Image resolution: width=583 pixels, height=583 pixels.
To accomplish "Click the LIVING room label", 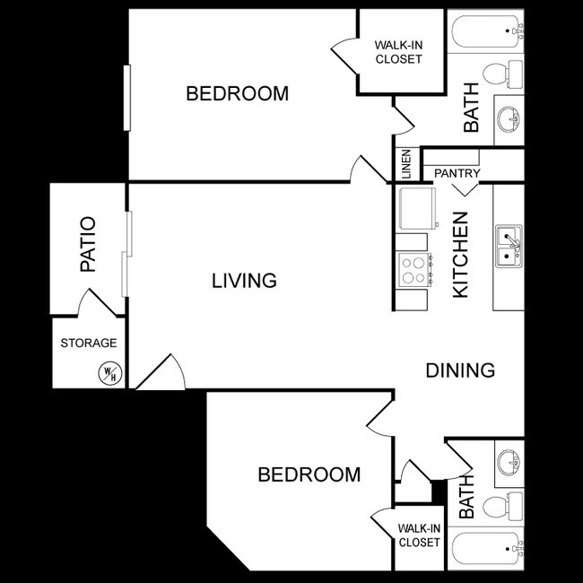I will point(244,281).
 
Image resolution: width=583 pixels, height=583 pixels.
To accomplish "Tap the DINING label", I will point(460,370).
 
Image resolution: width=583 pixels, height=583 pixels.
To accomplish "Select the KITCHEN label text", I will point(460,255).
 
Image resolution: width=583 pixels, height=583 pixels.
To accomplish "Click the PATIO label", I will point(88,244).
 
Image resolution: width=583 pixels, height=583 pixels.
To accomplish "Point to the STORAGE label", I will point(88,343).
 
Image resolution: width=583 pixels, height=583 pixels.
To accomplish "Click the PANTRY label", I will point(457,173).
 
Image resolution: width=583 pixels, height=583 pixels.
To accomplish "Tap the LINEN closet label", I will point(406,164).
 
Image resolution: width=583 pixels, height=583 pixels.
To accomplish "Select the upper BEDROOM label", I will point(237,93).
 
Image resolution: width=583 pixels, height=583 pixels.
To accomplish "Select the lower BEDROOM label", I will point(309,474).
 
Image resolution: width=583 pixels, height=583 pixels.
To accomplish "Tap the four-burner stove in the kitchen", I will point(414,269).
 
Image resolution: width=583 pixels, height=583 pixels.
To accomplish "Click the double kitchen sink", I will point(509,246).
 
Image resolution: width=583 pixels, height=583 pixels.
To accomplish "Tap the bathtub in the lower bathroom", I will point(484,548).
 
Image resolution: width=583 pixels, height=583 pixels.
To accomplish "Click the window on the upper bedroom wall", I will point(128,97).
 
